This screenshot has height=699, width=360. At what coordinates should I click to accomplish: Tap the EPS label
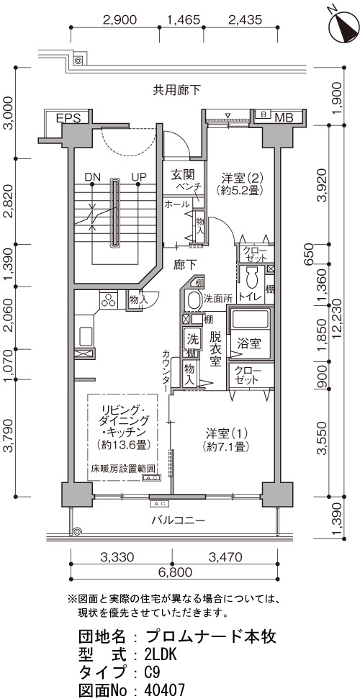68,118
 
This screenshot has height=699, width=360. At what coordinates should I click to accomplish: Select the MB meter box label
284,117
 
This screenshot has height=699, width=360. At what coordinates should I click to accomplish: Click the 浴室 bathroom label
249,343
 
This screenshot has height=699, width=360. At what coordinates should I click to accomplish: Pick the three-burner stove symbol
109,299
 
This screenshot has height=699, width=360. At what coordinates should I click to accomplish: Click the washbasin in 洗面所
193,300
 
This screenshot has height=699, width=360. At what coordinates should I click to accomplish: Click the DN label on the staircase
92,177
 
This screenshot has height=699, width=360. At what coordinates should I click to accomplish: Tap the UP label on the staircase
139,177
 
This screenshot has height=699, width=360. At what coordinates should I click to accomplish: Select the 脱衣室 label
215,349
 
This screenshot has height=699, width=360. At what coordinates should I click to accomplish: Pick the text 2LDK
161,654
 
